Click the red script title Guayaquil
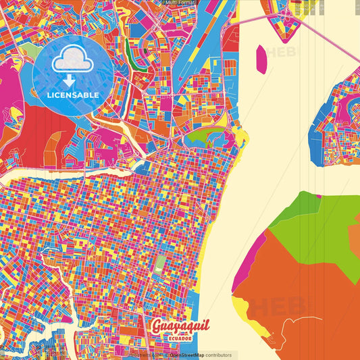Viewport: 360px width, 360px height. [x=180, y=327]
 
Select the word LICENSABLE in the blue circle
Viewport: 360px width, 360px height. [x=74, y=95]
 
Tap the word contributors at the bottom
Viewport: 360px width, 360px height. [x=217, y=355]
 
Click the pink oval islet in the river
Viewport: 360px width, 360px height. [x=261, y=59]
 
